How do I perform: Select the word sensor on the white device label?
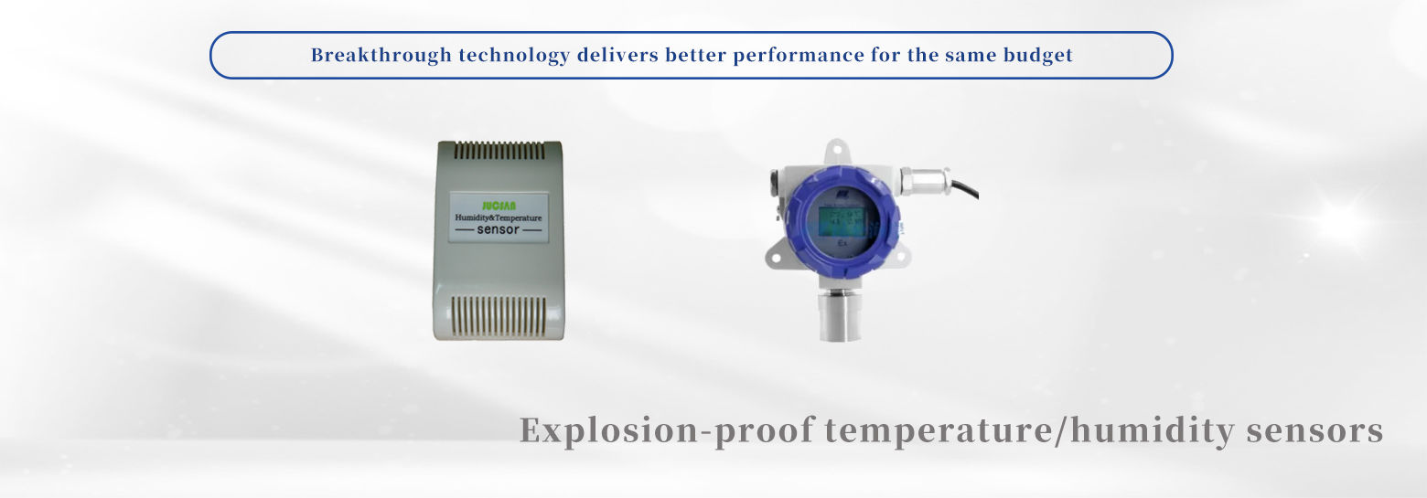[x=498, y=231]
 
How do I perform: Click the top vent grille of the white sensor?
[x=499, y=151]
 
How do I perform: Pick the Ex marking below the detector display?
[x=842, y=245]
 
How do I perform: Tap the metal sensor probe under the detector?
[x=840, y=315]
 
